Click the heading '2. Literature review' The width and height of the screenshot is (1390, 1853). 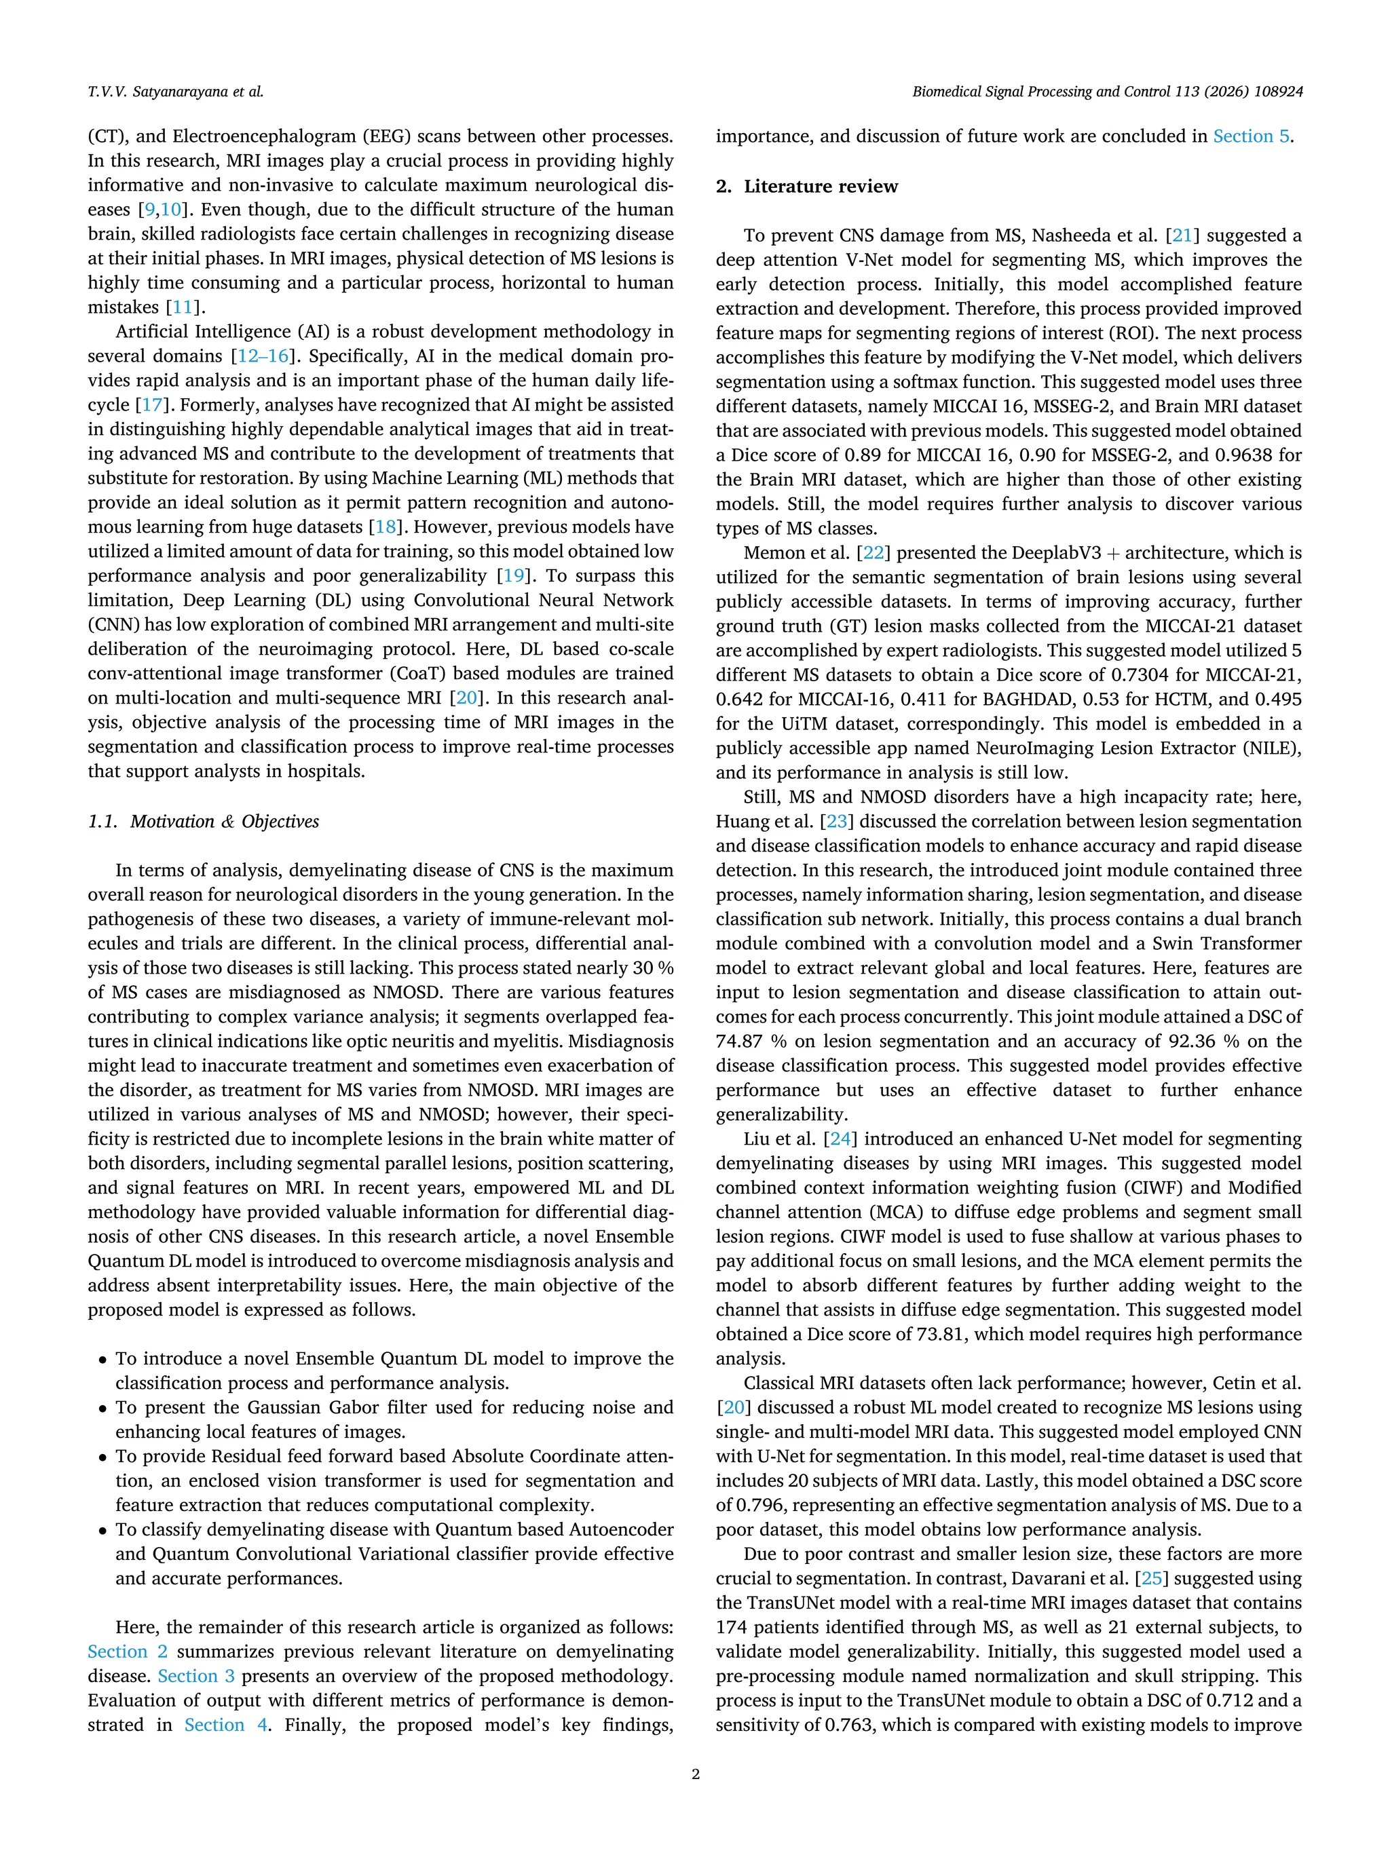pos(806,186)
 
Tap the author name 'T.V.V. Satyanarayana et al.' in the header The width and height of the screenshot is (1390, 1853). pos(175,92)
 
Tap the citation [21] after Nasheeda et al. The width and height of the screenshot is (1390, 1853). pos(1182,235)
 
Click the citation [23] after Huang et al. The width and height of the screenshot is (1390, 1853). pos(836,821)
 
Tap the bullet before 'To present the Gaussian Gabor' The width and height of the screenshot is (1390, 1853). pos(102,1410)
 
